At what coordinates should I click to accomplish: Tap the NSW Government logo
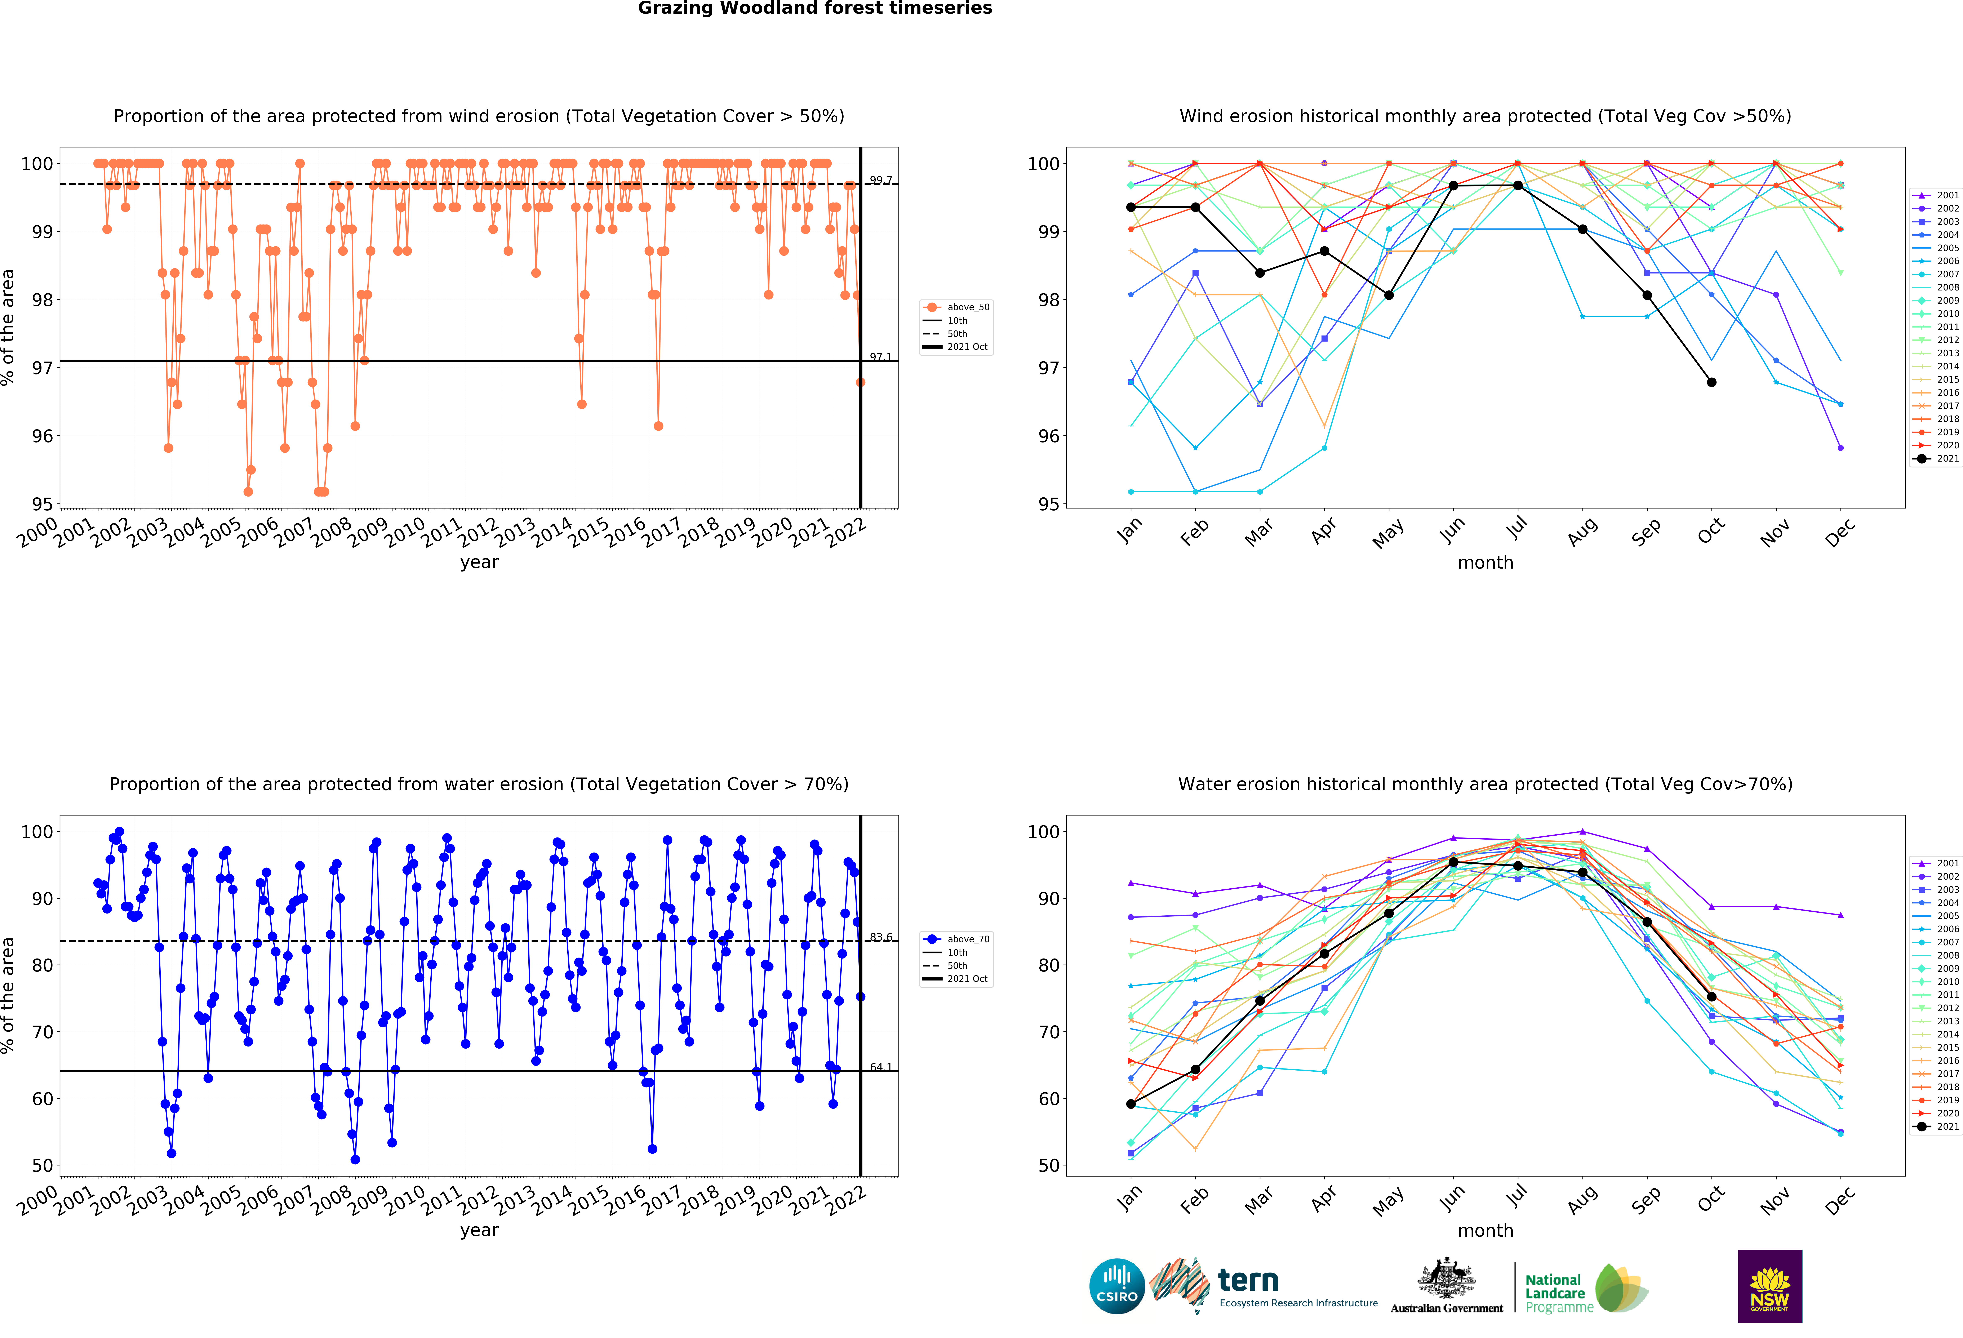click(x=1769, y=1286)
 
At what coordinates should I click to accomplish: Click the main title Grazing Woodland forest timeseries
click(x=814, y=8)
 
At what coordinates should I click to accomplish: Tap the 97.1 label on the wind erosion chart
click(x=880, y=356)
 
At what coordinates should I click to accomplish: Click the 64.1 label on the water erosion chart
click(x=880, y=1067)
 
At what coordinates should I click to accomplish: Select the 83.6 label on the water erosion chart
click(x=880, y=937)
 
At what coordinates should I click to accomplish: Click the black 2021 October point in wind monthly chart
click(x=1711, y=382)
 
